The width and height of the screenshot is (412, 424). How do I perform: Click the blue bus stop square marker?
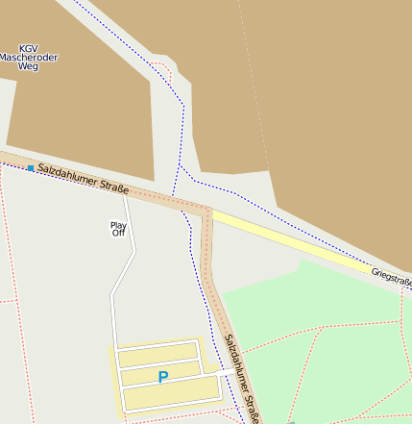point(31,168)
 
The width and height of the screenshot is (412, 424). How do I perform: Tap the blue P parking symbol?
point(162,377)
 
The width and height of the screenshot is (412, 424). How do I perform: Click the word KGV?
point(29,48)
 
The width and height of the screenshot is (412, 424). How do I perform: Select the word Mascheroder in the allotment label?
point(29,58)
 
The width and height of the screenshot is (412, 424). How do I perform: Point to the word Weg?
point(29,67)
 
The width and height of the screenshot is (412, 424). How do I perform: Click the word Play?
point(118,225)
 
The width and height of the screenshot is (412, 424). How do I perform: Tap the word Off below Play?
point(118,233)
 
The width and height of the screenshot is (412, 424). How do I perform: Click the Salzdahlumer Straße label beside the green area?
point(242,379)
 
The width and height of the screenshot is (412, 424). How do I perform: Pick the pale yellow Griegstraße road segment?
point(288,240)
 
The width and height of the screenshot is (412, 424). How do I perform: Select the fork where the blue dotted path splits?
point(181,168)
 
